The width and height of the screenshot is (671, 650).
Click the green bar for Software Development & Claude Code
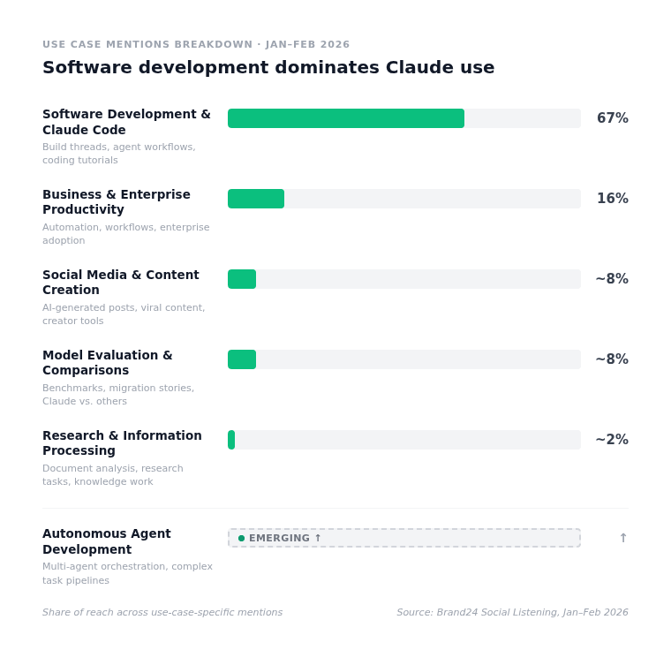point(345,118)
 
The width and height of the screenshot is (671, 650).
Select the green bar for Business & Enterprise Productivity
point(256,199)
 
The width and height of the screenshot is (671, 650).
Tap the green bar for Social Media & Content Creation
point(242,279)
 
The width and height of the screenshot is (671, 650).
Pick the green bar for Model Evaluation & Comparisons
point(242,359)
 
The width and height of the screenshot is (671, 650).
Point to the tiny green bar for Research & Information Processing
point(231,440)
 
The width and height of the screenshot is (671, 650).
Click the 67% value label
point(612,118)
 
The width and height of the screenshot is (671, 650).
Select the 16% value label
point(612,199)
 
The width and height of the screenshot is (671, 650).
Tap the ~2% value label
point(611,440)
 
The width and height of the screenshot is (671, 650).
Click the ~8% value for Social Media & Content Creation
point(611,279)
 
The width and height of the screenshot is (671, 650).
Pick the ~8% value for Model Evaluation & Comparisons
point(611,359)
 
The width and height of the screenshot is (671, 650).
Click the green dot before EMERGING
point(241,538)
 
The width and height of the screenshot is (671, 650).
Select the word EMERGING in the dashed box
point(279,538)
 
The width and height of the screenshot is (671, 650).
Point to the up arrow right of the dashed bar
point(622,538)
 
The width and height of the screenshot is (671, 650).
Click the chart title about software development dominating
point(268,67)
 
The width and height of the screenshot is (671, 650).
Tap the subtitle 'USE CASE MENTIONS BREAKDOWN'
point(147,44)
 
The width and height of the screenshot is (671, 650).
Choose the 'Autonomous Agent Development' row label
point(107,541)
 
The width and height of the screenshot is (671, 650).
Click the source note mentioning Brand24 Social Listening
point(512,612)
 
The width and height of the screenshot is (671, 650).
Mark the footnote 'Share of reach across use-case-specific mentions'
point(162,612)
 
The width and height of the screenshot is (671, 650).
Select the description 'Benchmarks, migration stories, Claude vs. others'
point(118,395)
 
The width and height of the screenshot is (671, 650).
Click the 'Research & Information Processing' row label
point(122,442)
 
